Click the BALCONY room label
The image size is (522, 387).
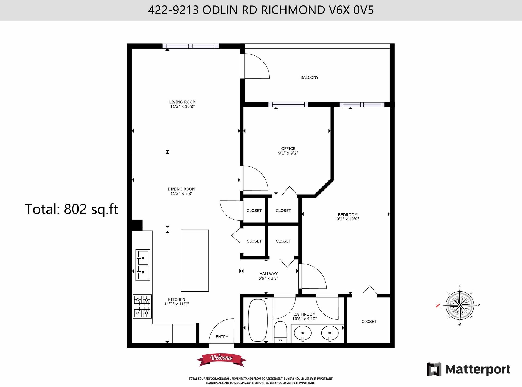coord(309,77)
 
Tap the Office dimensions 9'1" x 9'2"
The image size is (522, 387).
coord(288,153)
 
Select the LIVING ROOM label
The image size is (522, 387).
coord(182,102)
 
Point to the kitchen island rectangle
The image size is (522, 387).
coord(195,261)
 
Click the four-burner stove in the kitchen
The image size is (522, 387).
coord(142,306)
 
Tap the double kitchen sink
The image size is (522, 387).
coord(143,265)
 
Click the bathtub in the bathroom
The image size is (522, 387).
coord(258,320)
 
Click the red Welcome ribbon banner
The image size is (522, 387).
coord(222,360)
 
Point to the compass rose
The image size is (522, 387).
coord(460,305)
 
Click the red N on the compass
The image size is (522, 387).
coord(438,306)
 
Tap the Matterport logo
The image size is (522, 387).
coord(469,369)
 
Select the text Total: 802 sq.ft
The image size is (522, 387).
coord(72,209)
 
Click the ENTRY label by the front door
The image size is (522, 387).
coord(222,337)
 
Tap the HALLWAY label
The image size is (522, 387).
coord(268,274)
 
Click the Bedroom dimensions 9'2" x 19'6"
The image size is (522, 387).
coord(348,219)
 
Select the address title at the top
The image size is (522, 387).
coord(261,10)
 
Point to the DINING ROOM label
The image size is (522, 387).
coord(181,189)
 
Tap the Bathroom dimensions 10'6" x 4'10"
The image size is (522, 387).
coord(304,319)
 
